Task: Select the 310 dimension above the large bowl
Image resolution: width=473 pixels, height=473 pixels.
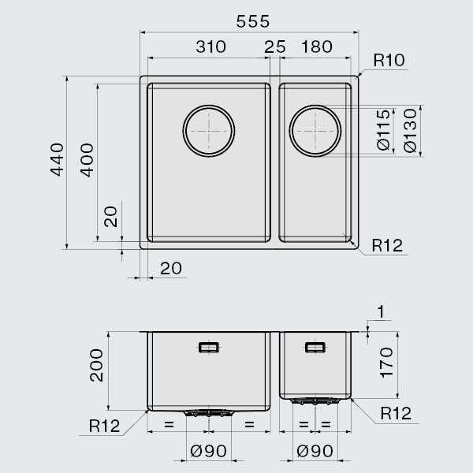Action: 210,47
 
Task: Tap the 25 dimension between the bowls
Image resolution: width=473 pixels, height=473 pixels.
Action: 275,47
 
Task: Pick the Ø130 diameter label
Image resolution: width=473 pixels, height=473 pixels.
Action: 408,131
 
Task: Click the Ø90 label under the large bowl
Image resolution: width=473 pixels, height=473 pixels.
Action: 209,451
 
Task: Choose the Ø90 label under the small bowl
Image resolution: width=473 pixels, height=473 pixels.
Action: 315,451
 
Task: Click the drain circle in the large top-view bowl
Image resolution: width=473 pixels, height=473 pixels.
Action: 209,130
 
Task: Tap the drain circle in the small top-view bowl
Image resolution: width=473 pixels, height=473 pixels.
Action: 315,131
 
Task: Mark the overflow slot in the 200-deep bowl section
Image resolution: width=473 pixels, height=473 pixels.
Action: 209,347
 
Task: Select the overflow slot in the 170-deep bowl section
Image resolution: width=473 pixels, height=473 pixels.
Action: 315,346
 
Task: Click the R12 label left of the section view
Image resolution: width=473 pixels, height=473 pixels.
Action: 104,426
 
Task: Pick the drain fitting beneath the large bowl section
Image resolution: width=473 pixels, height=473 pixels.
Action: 209,412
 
